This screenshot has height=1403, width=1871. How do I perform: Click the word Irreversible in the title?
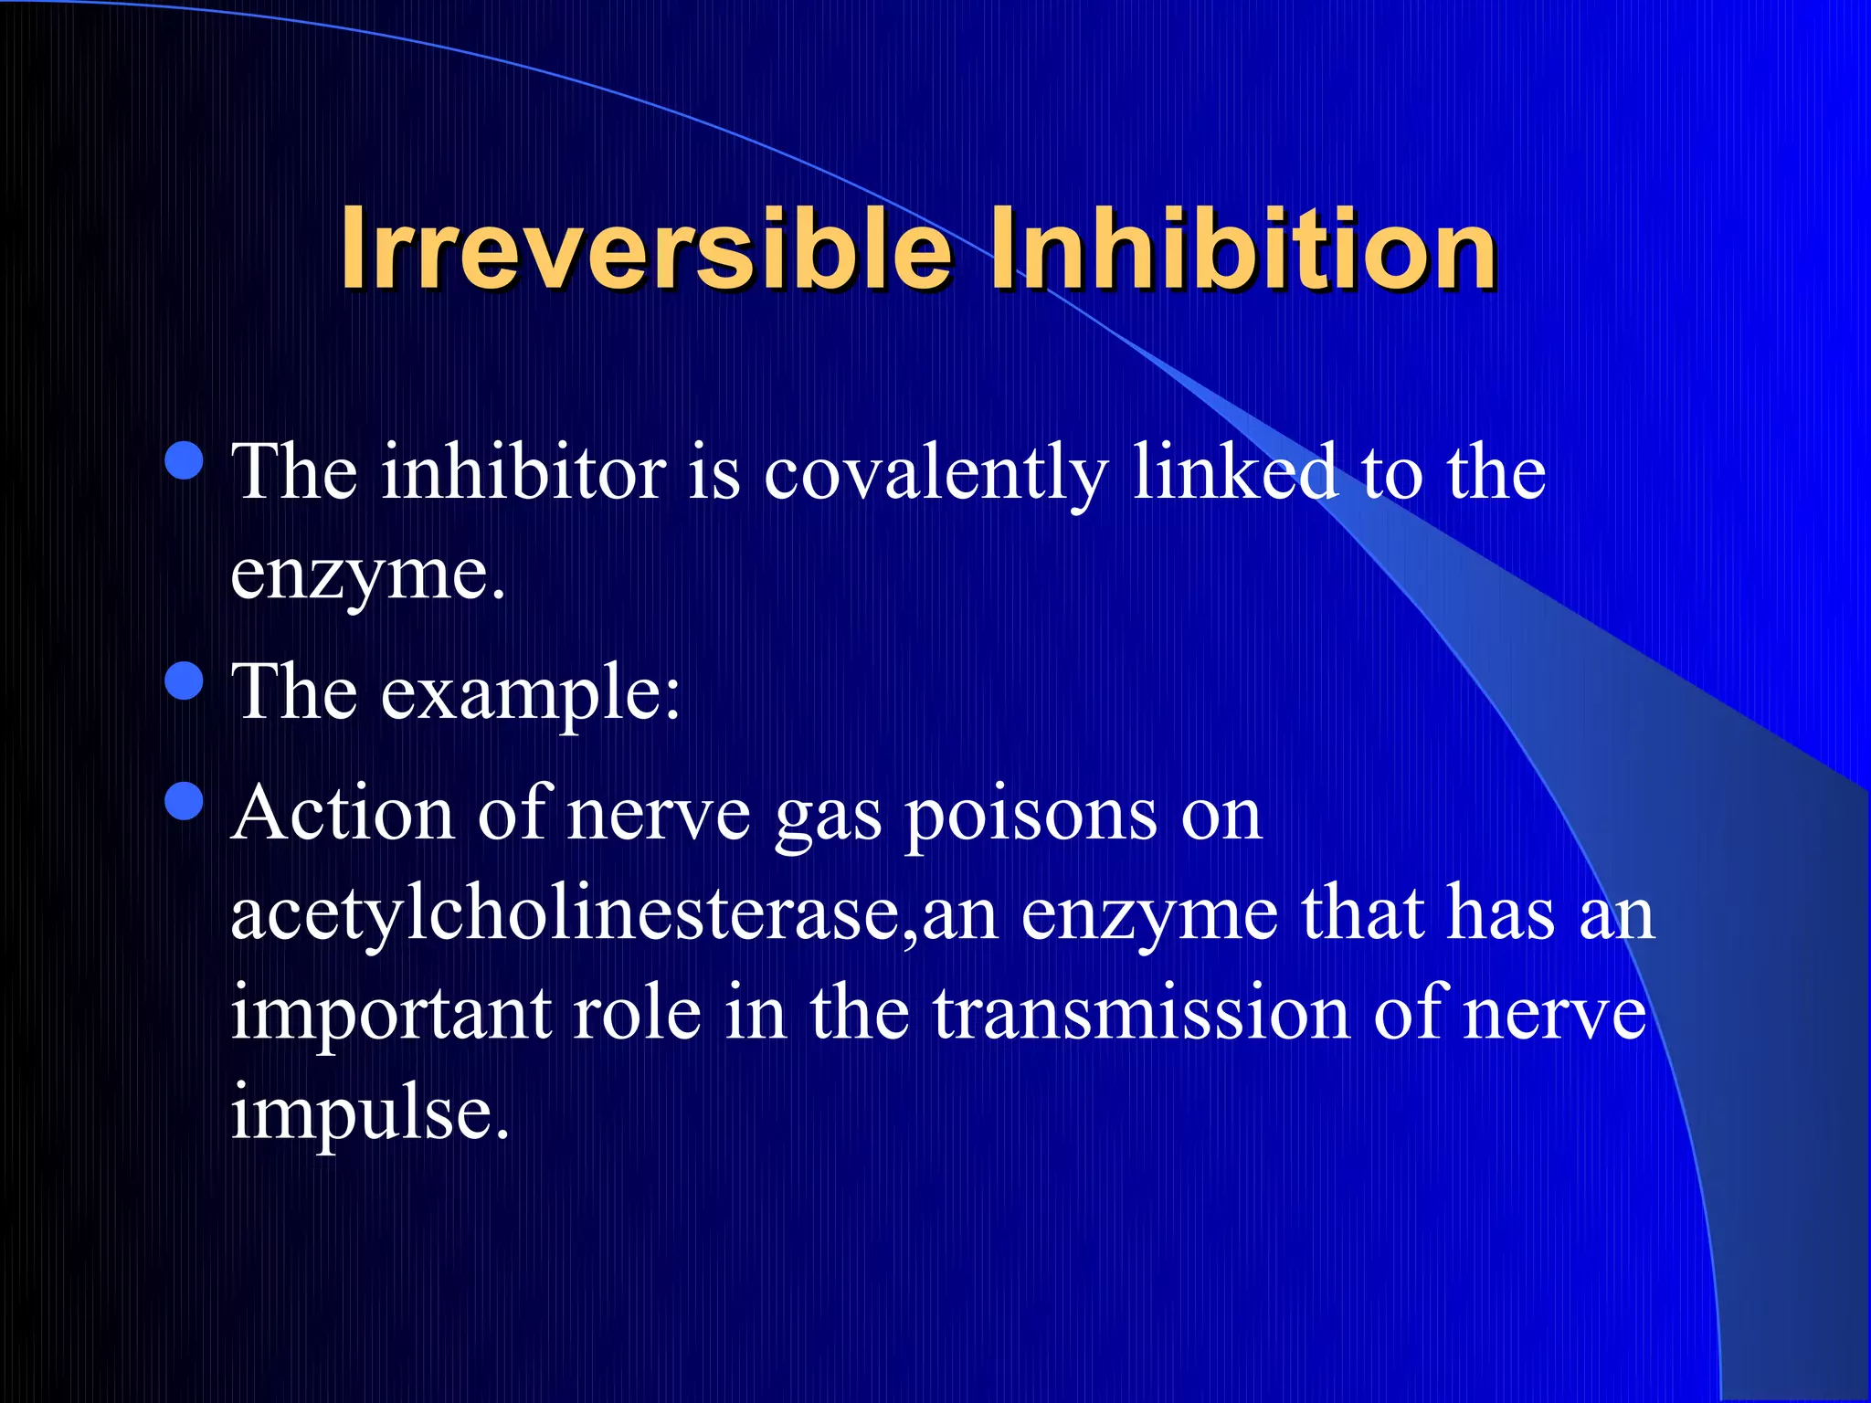[645, 248]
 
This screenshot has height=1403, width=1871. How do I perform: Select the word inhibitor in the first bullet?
[523, 473]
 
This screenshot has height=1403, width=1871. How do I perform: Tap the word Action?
[343, 813]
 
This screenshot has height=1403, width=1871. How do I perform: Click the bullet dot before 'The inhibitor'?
[185, 460]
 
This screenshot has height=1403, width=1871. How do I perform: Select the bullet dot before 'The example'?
[185, 681]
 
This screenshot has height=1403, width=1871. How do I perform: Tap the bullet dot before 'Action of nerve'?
[185, 801]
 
